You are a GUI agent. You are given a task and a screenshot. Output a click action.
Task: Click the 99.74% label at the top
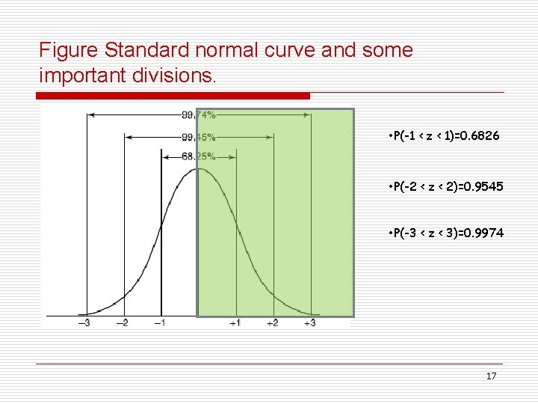(199, 115)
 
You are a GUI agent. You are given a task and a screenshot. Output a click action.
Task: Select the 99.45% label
(199, 138)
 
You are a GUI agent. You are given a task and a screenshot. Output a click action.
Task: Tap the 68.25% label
(199, 157)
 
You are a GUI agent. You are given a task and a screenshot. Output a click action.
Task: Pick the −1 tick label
(161, 323)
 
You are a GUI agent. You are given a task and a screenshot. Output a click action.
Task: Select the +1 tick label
(235, 323)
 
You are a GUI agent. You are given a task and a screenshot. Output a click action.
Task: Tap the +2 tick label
(273, 323)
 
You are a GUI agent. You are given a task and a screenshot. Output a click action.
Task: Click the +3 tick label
(310, 323)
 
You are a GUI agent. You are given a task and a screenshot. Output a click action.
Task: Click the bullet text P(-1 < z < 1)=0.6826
(445, 138)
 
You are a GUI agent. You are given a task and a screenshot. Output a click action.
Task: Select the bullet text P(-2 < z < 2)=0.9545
(445, 186)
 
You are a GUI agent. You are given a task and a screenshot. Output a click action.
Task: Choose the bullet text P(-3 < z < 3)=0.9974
(445, 233)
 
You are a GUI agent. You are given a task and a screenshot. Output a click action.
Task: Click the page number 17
(491, 376)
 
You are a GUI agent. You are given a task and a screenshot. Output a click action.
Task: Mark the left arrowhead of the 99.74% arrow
(91, 115)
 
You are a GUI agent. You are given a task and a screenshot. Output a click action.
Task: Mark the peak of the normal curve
(197, 168)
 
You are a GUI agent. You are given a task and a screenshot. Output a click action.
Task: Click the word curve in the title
(272, 51)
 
